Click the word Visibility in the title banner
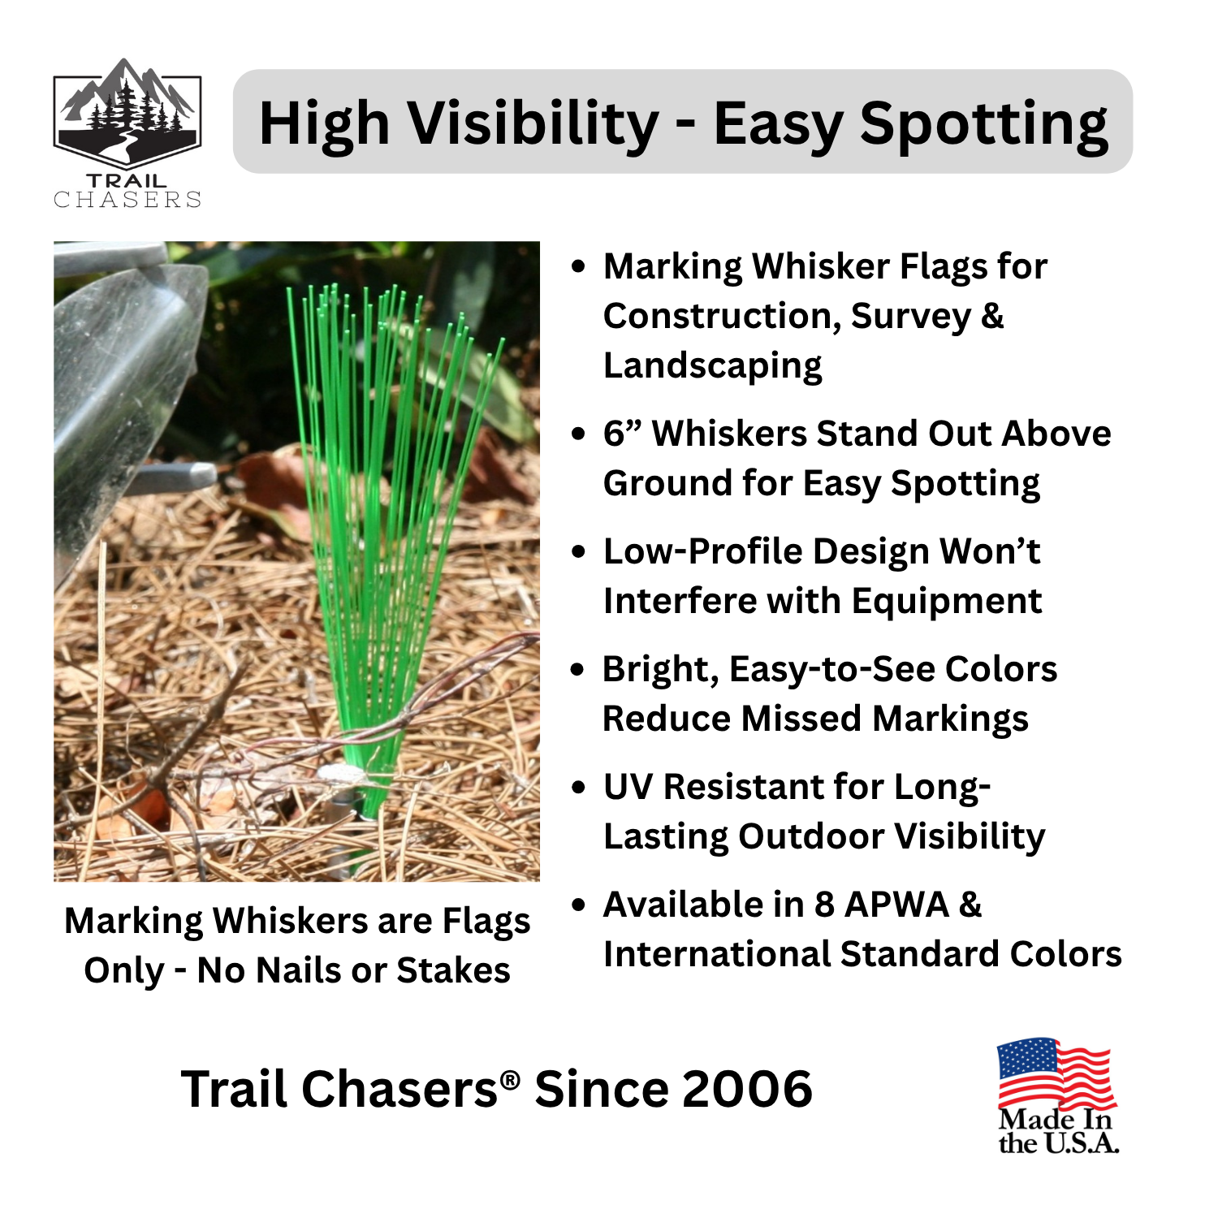pos(533,123)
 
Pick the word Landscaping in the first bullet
pos(712,366)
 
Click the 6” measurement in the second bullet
pos(623,434)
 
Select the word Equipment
pos(946,602)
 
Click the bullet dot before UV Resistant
pos(578,788)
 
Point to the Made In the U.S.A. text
pos(1058,1131)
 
